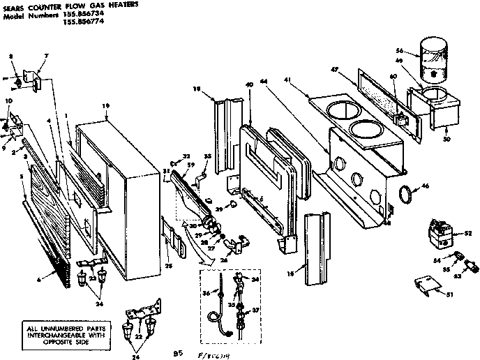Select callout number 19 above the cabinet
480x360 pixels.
106,105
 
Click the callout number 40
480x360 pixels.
248,85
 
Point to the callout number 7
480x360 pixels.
47,55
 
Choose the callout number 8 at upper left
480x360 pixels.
10,55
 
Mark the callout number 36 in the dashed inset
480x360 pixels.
206,293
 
